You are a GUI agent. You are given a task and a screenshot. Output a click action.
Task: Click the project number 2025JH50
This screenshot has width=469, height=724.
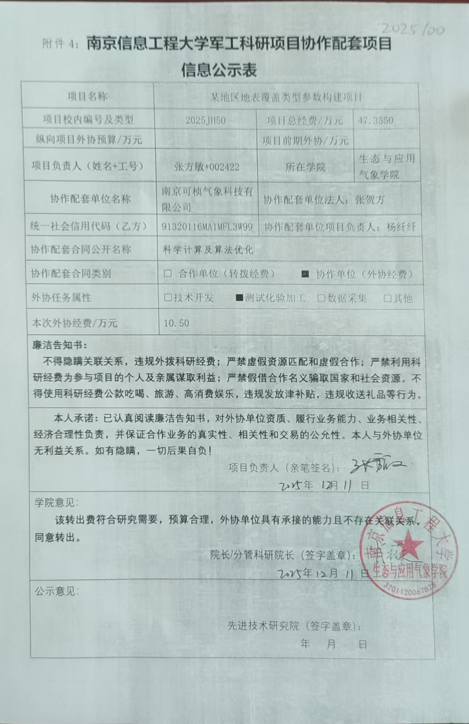(205, 120)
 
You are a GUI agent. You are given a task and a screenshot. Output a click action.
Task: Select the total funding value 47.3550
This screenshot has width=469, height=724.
(375, 120)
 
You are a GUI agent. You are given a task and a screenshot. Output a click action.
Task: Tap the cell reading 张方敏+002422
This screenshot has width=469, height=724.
(207, 167)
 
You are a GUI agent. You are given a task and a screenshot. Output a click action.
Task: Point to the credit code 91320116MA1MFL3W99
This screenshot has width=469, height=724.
(207, 227)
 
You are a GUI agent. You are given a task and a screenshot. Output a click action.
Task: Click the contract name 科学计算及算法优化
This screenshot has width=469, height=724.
(208, 250)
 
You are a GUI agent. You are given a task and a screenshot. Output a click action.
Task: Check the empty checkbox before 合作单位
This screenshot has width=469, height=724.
(168, 273)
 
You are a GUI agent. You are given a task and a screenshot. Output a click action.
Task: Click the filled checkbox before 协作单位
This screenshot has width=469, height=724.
(305, 274)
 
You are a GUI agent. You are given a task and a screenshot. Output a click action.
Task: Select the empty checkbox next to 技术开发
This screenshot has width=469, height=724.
(168, 298)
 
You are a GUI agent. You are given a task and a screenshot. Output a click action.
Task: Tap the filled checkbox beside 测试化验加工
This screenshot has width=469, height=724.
(239, 298)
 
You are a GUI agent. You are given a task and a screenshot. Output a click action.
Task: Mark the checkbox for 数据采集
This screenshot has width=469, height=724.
(321, 298)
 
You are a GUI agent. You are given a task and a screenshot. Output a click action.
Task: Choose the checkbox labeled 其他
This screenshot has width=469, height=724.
(388, 298)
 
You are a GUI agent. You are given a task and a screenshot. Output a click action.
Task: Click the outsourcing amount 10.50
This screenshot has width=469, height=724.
(176, 323)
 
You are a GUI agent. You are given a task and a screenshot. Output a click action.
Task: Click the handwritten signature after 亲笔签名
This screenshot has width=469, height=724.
(378, 466)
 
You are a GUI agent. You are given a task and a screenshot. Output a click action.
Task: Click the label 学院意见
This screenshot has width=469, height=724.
(56, 503)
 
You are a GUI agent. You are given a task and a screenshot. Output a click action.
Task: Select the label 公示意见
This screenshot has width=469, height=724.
(56, 591)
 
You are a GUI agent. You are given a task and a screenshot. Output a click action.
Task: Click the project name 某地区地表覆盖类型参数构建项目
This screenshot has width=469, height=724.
(286, 97)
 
